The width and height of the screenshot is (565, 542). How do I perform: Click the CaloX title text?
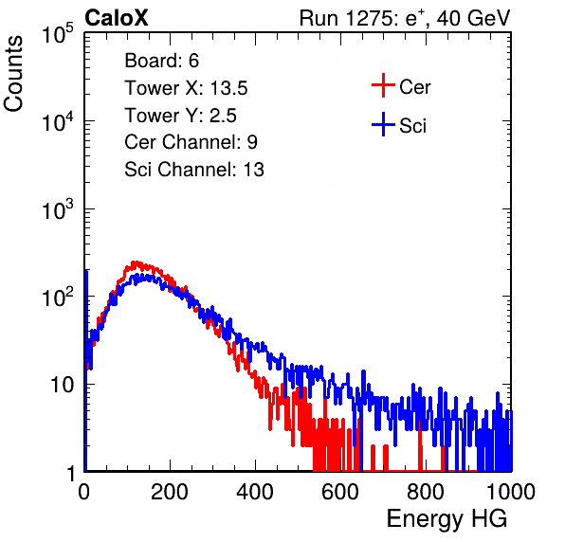[117, 18]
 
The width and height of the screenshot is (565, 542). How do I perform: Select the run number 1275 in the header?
[368, 18]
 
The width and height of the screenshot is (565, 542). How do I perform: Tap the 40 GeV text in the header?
[473, 18]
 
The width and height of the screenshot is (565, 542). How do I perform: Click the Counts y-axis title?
[13, 74]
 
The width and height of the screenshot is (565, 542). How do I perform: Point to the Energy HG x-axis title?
[447, 519]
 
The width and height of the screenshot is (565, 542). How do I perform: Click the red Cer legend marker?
[383, 85]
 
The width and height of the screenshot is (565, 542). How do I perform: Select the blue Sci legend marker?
[383, 124]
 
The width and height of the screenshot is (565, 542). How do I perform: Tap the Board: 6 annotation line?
[162, 61]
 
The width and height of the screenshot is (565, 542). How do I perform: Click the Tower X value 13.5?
[228, 88]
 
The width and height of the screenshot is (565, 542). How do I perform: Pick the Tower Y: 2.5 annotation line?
[180, 116]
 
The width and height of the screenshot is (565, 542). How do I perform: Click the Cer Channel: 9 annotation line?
[191, 142]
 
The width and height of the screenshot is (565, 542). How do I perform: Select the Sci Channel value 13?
[254, 170]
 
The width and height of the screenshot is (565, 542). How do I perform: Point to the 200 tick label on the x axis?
[170, 492]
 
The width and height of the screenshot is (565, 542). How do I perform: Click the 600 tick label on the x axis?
[340, 492]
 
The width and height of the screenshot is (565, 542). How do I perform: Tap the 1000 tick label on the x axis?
[511, 492]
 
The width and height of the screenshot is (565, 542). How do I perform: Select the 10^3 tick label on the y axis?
[58, 208]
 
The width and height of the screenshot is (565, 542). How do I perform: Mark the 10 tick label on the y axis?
[63, 385]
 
